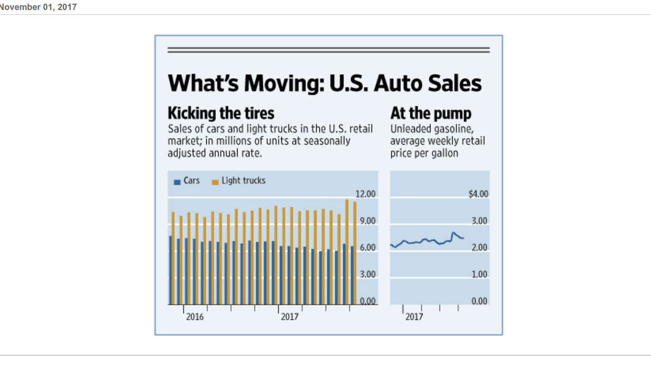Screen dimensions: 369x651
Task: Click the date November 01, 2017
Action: (38, 7)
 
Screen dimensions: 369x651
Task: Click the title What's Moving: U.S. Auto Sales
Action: (324, 83)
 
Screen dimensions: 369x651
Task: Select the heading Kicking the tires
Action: (221, 113)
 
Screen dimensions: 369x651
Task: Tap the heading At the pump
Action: (431, 113)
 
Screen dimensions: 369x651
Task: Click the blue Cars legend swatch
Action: (177, 182)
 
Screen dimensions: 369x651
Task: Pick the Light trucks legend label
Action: (243, 181)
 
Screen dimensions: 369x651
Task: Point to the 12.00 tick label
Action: (367, 194)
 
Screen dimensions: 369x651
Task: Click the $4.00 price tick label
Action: (479, 194)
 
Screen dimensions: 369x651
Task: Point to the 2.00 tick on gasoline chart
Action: (479, 247)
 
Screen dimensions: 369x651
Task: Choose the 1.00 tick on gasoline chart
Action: (479, 274)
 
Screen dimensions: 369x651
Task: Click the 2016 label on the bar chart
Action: (195, 317)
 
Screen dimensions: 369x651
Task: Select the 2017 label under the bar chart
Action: (289, 317)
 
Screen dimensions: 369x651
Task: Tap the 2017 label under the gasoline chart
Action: (414, 317)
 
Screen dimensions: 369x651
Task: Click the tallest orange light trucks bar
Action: (347, 252)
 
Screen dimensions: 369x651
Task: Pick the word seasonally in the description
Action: (328, 141)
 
